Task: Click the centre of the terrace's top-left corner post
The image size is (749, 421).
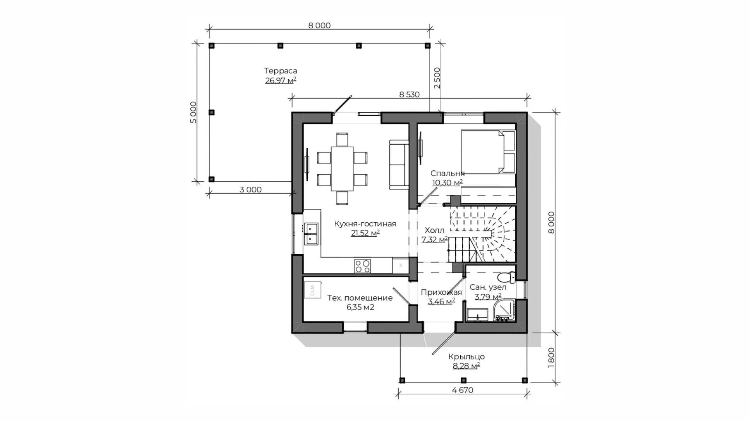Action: (211, 46)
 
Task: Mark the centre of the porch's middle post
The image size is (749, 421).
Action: (463, 380)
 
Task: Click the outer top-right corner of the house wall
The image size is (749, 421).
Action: (527, 112)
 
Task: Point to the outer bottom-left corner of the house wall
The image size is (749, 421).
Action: (292, 333)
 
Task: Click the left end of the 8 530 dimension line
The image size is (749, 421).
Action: (292, 98)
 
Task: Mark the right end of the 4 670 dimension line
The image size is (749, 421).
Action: (527, 393)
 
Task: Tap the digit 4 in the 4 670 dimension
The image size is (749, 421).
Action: (454, 390)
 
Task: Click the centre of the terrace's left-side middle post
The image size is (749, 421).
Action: (211, 112)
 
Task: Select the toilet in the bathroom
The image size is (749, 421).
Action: (507, 277)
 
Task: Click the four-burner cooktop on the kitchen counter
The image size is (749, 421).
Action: (362, 266)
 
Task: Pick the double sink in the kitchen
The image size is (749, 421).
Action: (311, 233)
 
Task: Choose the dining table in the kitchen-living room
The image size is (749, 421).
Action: (342, 169)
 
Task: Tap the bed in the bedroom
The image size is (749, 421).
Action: (488, 152)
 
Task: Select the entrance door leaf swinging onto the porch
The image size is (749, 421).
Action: (444, 343)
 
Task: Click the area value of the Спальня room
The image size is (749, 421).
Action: (447, 182)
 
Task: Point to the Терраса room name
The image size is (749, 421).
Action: (280, 71)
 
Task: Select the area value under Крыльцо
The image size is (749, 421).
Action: (466, 366)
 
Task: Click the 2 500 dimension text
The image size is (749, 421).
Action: (437, 78)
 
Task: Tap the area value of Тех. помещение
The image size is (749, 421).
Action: (360, 307)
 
